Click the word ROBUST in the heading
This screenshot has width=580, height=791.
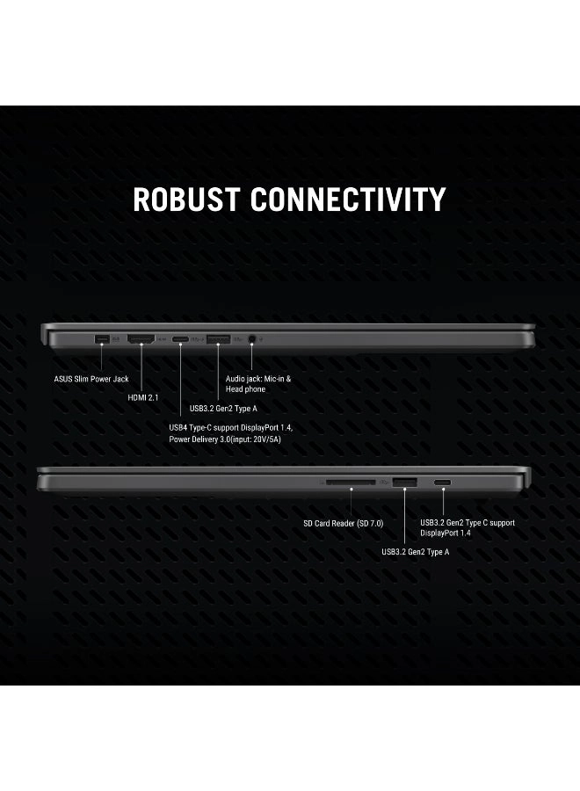coord(187,200)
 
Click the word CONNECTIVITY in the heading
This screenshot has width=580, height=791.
coord(349,200)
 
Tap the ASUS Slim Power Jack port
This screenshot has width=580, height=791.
coord(100,339)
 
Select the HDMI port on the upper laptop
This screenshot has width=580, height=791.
coord(141,339)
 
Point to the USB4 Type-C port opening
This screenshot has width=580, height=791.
coord(180,339)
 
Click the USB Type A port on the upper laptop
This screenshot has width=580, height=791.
coord(218,339)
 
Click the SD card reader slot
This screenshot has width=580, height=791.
coord(350,482)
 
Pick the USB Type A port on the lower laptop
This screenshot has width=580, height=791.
coord(404,482)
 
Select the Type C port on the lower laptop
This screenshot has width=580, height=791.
coord(443,483)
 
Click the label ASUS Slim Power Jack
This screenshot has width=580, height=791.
coord(91,380)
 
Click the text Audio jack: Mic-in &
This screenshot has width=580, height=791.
coord(258,379)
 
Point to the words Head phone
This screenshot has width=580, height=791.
coord(245,388)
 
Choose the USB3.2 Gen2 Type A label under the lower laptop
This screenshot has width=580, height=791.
coord(416,552)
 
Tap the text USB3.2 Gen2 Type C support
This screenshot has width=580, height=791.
coord(468,523)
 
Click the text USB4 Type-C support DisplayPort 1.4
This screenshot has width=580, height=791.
coord(230,428)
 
